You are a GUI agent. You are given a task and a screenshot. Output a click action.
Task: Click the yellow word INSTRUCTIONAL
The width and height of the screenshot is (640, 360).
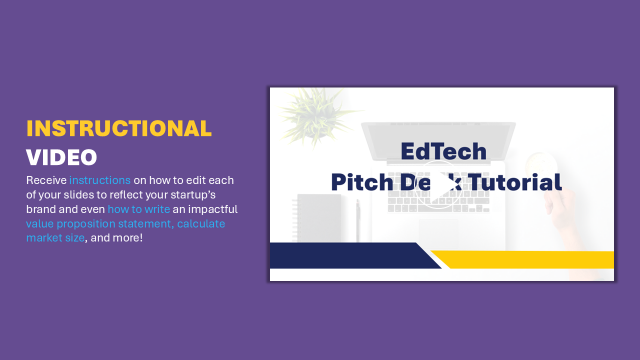[119, 128]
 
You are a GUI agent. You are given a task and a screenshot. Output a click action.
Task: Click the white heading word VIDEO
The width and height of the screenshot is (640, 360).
[61, 157]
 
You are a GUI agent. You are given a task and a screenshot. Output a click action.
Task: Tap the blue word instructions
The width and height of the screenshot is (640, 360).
[100, 180]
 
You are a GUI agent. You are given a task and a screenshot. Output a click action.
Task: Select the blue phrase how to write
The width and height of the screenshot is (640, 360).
[139, 209]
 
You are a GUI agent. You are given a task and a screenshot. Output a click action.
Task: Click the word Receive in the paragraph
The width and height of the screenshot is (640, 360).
[46, 180]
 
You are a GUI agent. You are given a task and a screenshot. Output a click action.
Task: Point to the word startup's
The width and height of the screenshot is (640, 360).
[193, 195]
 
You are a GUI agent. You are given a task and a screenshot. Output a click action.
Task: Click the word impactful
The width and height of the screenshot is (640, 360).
[213, 209]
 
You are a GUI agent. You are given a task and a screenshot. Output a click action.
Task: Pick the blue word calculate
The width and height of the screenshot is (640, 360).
[201, 223]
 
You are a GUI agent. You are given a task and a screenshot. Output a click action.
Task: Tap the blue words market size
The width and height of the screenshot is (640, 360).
[55, 238]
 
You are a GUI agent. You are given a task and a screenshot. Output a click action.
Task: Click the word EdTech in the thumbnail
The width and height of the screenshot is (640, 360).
[443, 151]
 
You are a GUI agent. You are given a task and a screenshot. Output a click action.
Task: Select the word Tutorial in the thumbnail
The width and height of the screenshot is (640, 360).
[515, 182]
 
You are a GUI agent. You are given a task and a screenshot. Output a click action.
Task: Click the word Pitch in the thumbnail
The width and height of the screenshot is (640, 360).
[362, 182]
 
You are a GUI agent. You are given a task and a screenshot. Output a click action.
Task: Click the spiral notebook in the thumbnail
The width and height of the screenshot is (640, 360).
[317, 218]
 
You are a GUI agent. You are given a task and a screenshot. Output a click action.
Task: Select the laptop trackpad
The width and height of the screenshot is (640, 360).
[438, 231]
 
